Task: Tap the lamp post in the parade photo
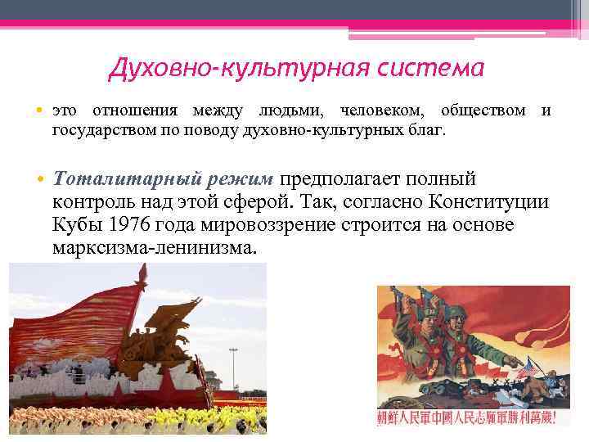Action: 234,368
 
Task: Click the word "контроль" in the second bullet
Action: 90,201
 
